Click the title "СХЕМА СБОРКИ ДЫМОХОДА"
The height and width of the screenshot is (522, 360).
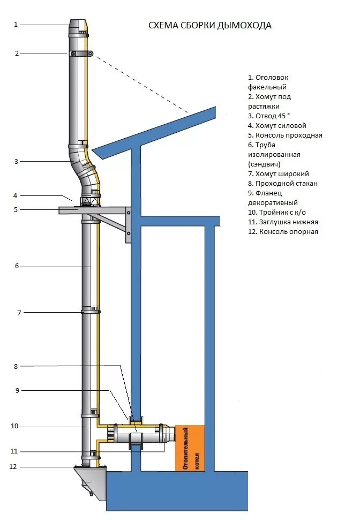209,25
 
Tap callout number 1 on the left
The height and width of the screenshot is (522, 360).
16,24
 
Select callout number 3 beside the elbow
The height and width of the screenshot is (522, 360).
17,161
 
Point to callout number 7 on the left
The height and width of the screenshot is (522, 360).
19,313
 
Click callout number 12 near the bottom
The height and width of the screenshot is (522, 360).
13,467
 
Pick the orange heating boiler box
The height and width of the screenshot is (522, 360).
190,448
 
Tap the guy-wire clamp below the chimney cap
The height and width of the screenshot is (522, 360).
81,54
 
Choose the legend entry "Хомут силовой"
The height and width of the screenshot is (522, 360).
277,125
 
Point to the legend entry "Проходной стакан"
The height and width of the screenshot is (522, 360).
283,183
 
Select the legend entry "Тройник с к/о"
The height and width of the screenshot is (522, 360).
276,212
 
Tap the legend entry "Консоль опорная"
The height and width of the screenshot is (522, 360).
283,232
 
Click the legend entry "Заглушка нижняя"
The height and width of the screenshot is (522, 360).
283,222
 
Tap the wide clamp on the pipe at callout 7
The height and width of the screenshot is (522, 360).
89,311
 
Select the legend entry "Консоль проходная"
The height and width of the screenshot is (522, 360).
285,135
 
